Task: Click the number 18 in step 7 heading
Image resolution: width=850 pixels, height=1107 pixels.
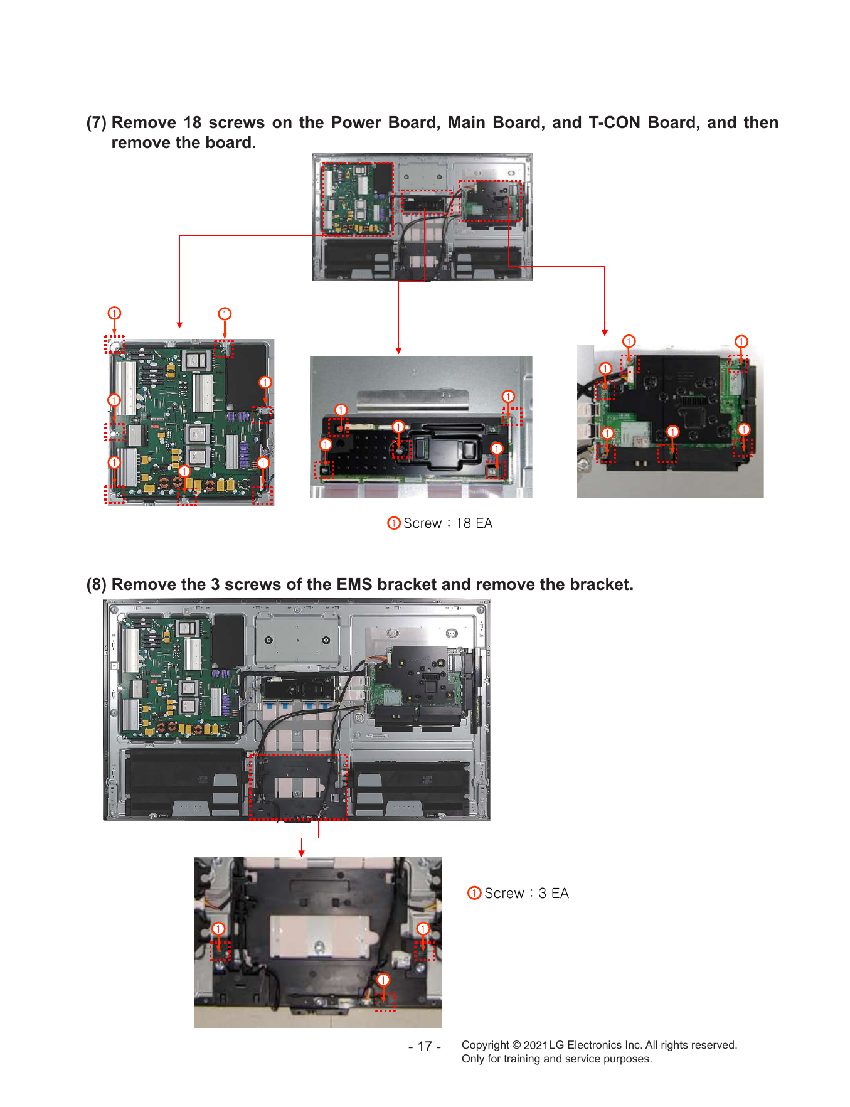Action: pos(193,122)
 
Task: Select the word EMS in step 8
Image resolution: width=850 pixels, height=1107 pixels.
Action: pos(354,584)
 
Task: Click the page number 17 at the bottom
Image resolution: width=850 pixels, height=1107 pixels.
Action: pos(425,1046)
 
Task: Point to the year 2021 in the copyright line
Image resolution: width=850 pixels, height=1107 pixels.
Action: pos(536,1045)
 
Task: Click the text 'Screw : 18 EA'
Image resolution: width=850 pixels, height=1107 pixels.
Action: pos(448,523)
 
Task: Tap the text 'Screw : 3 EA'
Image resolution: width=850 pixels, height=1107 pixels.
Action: pos(526,893)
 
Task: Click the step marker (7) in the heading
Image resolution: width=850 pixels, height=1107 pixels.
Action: pos(97,122)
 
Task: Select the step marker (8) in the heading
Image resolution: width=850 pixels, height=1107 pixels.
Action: pos(97,584)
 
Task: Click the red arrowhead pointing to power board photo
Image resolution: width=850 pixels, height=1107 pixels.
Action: pos(179,325)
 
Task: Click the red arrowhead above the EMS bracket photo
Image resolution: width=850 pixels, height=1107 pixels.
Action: pos(302,853)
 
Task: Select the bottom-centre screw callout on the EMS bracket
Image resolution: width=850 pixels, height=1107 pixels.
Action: pos(383,980)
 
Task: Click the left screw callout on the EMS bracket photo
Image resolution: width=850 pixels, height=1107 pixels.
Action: pos(218,929)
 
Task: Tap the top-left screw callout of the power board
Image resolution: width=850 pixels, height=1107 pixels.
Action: pos(114,313)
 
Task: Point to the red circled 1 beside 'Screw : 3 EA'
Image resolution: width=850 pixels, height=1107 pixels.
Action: pos(474,893)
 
